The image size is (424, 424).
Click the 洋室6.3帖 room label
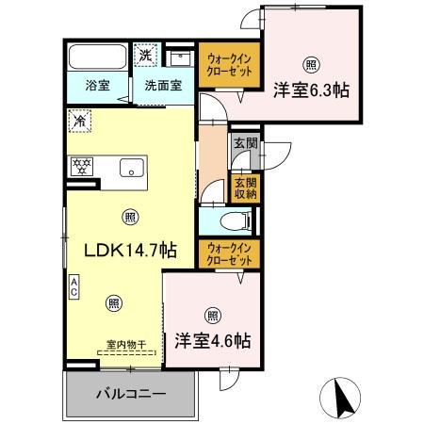click(312, 91)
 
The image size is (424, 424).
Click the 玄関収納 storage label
click(244, 186)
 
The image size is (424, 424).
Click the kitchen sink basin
click(131, 169)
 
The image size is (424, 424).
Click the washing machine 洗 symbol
click(147, 55)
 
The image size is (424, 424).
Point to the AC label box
click(73, 285)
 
